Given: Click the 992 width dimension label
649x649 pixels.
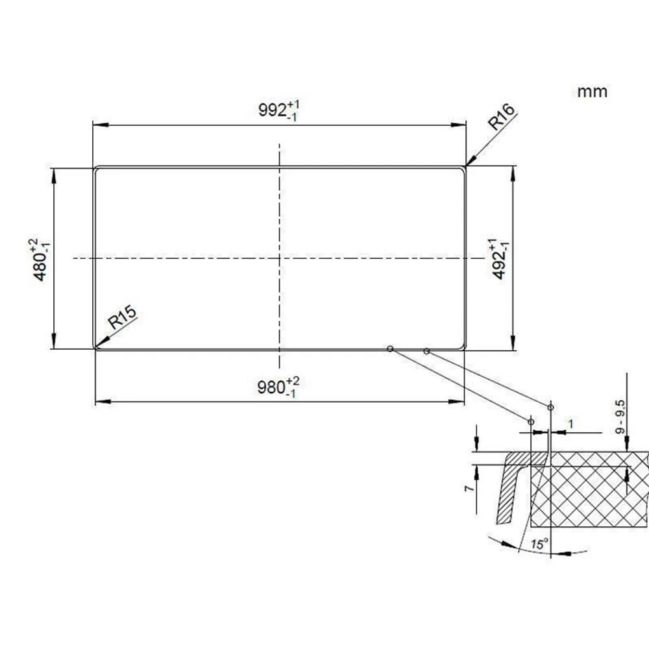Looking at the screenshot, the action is click(278, 110).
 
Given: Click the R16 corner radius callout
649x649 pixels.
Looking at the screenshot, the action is click(501, 116).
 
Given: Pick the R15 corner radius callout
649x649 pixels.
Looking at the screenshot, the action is click(122, 317).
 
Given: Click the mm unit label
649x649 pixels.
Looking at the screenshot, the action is click(593, 92).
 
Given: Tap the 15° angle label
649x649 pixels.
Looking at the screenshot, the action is click(539, 544).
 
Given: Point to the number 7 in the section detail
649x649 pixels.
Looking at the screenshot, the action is click(469, 489).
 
